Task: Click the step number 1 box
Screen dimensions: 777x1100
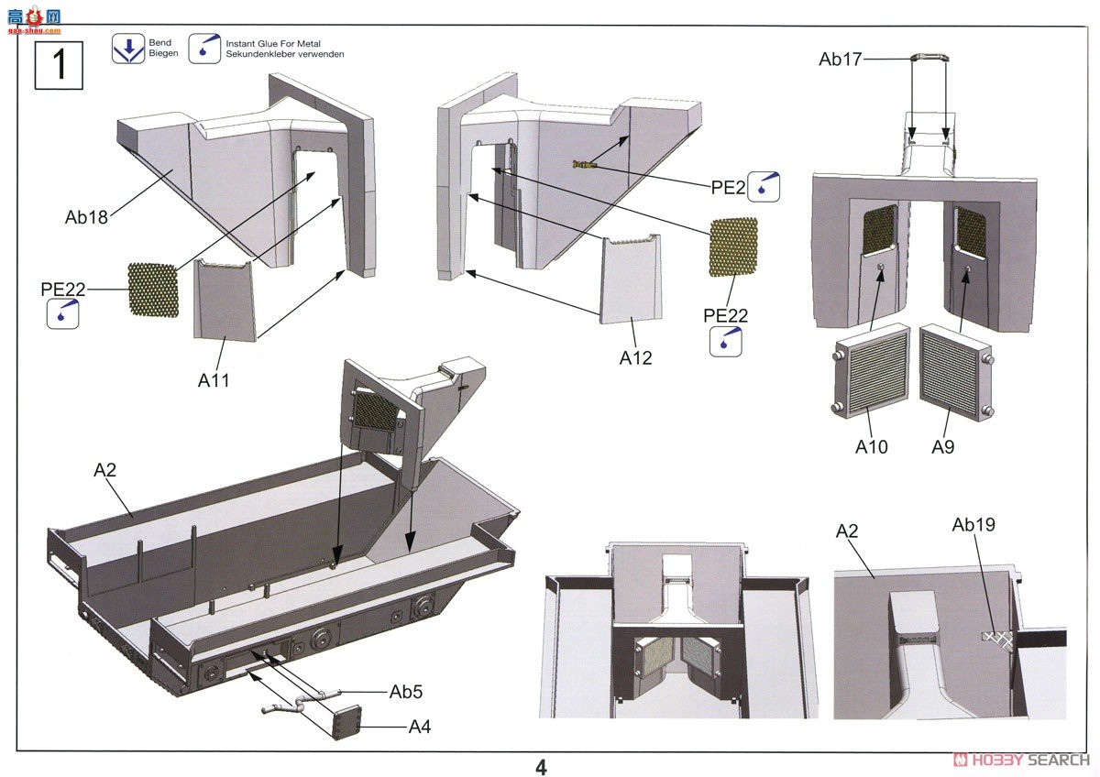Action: [x=59, y=66]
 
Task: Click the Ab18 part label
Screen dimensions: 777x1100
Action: [x=86, y=218]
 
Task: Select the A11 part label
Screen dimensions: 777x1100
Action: [x=214, y=379]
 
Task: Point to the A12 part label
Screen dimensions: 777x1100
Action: [x=635, y=358]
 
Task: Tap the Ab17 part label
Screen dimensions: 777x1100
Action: [x=841, y=60]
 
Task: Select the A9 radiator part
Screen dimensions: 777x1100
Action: [x=956, y=373]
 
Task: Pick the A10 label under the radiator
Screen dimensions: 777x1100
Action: [x=872, y=447]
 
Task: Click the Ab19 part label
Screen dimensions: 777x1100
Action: [x=973, y=525]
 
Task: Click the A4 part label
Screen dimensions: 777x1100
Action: [x=420, y=728]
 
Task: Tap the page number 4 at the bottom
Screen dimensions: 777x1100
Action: [x=541, y=767]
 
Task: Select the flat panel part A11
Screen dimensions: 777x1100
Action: [x=225, y=300]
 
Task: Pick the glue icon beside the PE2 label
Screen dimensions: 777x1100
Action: [x=764, y=186]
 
